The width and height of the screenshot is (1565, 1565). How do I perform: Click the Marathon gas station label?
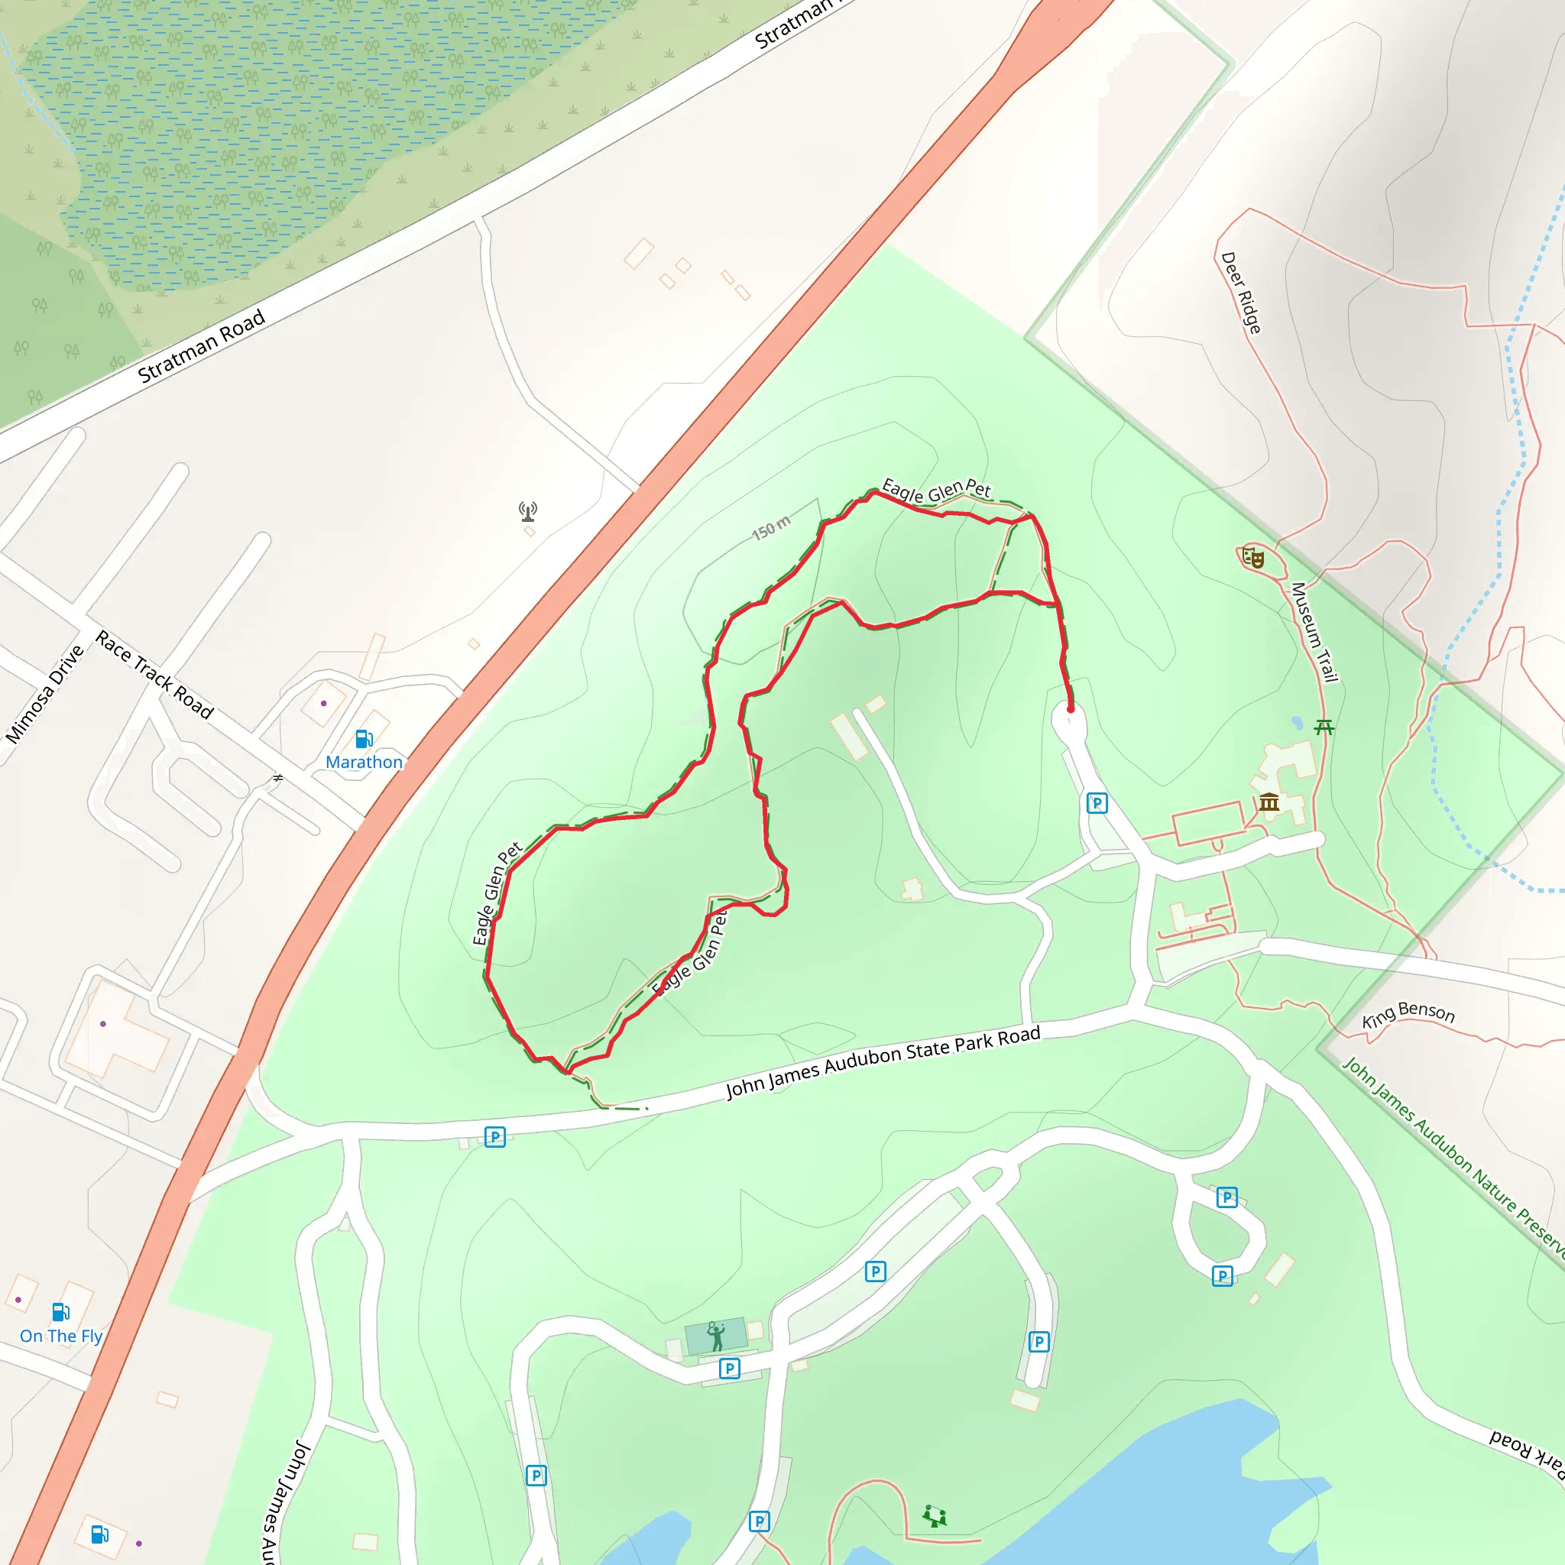coord(364,762)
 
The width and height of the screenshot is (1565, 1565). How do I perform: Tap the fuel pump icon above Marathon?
coord(364,739)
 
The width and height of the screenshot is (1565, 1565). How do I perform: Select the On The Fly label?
coord(62,1336)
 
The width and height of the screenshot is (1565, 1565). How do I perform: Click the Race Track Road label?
coord(154,675)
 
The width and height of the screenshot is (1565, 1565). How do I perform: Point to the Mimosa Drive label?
coord(44,693)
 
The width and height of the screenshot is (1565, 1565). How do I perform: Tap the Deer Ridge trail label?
coord(1241,293)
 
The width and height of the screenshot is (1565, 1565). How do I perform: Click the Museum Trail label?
coord(1314,632)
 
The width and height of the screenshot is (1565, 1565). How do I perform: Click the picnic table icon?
coord(1324,727)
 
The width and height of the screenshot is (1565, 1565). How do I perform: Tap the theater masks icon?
coord(1253,557)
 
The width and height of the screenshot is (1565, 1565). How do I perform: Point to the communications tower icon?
coord(528,511)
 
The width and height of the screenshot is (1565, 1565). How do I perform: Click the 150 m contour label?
coord(770,527)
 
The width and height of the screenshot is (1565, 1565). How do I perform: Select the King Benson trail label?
coord(1408,1014)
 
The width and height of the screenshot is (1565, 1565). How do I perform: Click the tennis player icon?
coord(716,1336)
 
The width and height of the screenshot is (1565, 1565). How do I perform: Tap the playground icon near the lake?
coord(934,1515)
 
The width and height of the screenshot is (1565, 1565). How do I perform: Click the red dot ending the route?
coord(1070,710)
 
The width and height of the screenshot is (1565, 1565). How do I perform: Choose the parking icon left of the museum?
coord(1097,803)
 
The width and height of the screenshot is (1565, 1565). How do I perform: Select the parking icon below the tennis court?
coord(729,1368)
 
